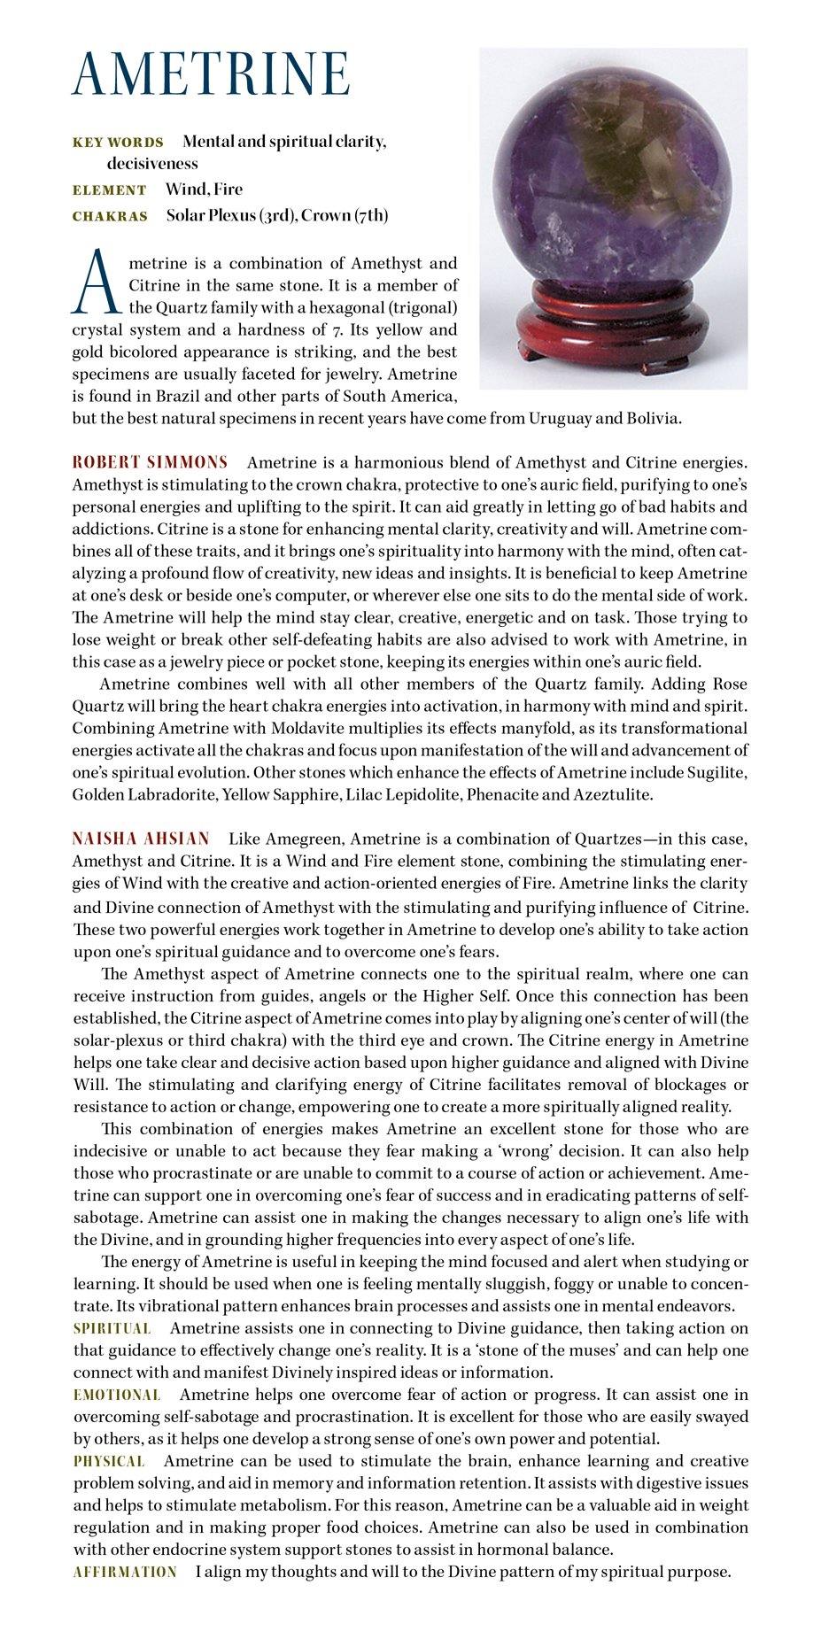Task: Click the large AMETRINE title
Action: [x=211, y=73]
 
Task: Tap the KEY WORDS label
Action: [x=118, y=143]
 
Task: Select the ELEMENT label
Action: [x=109, y=190]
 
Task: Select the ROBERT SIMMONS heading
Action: [x=150, y=462]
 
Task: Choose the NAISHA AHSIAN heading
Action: [x=141, y=839]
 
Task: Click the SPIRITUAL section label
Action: [x=112, y=1328]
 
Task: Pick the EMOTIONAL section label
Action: [x=116, y=1395]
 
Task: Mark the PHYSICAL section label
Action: [x=109, y=1461]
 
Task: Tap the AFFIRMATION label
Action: [x=125, y=1572]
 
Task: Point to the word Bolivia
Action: [x=653, y=418]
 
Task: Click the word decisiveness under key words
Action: [x=152, y=164]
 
